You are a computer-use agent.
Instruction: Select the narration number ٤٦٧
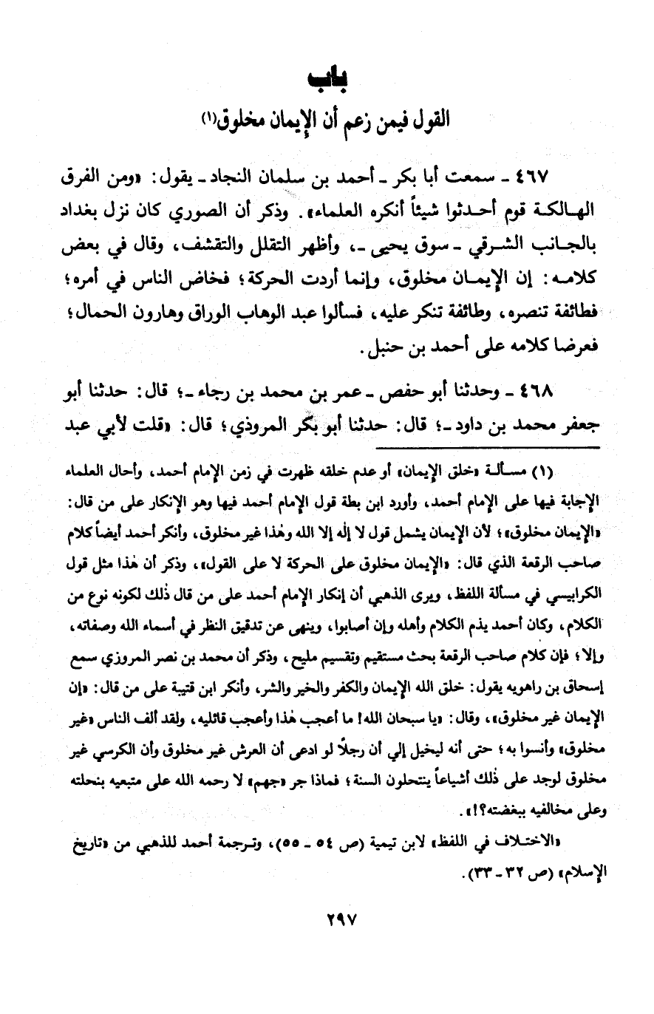(563, 180)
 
